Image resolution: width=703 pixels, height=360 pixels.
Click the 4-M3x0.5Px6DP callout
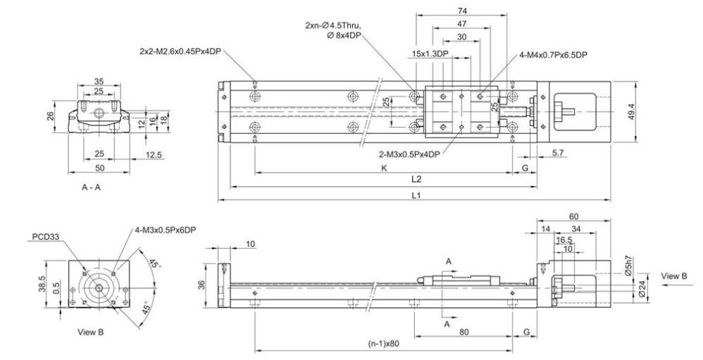click(163, 228)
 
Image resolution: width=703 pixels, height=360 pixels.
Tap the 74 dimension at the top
click(461, 11)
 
